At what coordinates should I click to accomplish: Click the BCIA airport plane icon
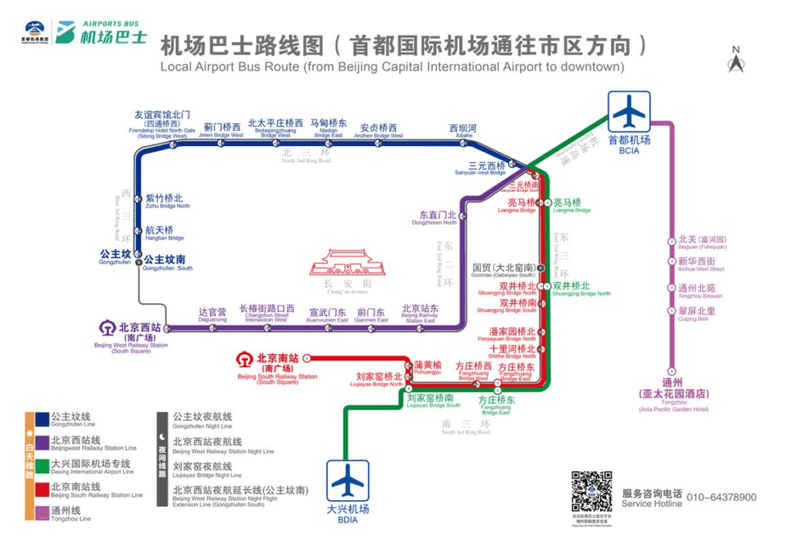point(628,111)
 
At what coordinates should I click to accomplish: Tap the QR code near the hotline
point(592,492)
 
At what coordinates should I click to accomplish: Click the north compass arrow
point(736,60)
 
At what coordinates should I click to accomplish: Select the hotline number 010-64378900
point(722,497)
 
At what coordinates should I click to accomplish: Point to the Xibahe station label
point(463,131)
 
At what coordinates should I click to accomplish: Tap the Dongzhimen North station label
point(438,217)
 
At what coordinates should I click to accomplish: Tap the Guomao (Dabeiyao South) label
point(503,270)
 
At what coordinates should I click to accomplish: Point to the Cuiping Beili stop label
point(696,313)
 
